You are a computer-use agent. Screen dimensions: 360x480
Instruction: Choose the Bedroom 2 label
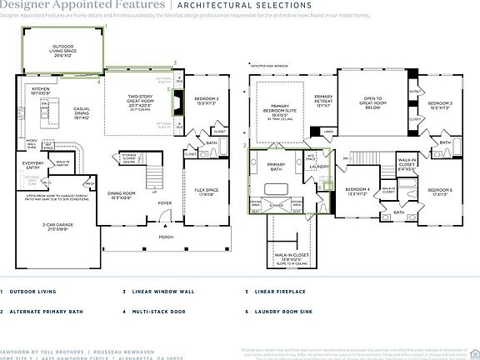click(x=207, y=100)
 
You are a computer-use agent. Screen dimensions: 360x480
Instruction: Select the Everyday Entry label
click(x=33, y=165)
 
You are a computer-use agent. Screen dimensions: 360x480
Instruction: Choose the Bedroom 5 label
click(x=442, y=192)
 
